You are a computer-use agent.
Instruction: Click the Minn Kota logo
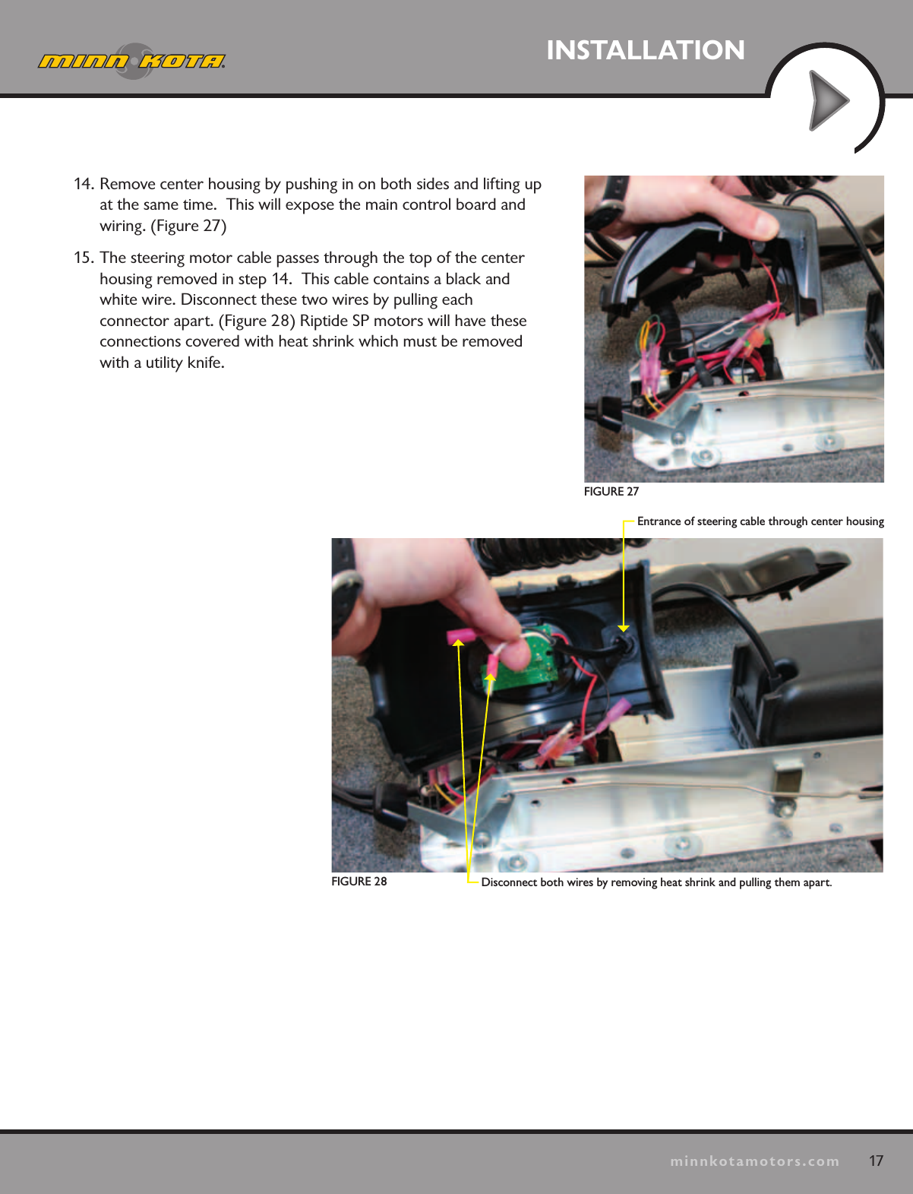[x=132, y=61]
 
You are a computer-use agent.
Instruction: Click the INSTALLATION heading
[x=645, y=50]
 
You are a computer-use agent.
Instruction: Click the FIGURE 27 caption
[x=611, y=492]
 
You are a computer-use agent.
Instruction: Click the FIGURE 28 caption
[x=359, y=882]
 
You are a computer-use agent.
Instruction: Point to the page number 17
[x=876, y=1161]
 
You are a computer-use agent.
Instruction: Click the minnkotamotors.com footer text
[x=754, y=1161]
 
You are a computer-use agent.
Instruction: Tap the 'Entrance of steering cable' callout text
[x=760, y=521]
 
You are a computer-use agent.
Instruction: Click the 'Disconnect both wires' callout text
[x=656, y=882]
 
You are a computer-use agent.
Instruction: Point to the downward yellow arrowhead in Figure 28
[x=623, y=628]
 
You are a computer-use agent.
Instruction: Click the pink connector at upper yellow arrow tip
[x=460, y=635]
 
